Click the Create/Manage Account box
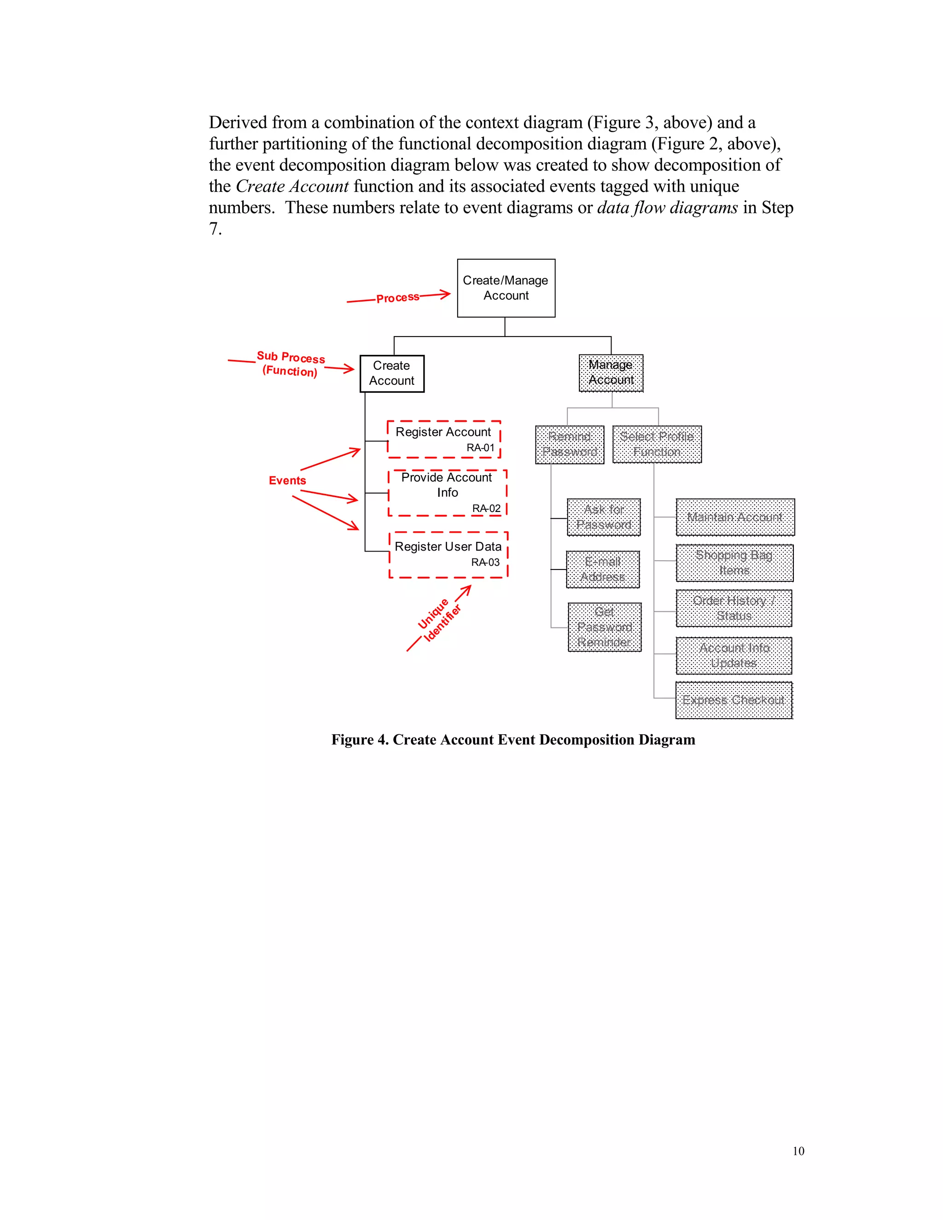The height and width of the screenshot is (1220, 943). [x=506, y=288]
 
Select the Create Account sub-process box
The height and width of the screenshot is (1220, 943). [x=392, y=373]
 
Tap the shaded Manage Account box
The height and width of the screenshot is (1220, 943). [x=611, y=372]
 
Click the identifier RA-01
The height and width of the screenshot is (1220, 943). [x=480, y=447]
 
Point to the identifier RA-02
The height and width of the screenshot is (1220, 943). [x=486, y=508]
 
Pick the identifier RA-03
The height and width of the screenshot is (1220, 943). [x=485, y=562]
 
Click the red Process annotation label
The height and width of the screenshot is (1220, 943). [x=397, y=298]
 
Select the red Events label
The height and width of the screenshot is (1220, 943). [x=287, y=480]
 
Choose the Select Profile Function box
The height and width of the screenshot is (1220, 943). [x=657, y=444]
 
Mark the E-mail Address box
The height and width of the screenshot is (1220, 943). [x=602, y=569]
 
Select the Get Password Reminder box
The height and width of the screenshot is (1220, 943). [x=604, y=627]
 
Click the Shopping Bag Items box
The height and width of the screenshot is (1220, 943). [x=734, y=563]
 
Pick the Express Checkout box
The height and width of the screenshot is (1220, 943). [x=733, y=700]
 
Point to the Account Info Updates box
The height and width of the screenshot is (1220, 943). [x=733, y=655]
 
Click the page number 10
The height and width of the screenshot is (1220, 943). [x=798, y=1151]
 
